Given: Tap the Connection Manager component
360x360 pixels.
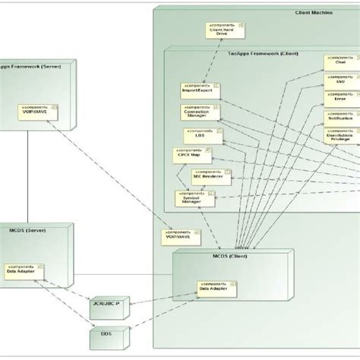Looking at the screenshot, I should click(x=198, y=112).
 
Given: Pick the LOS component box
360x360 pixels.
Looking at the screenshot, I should click(x=200, y=136).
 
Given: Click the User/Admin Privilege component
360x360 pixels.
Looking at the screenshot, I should click(x=341, y=137).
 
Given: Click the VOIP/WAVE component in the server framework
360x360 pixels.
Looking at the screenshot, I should click(x=36, y=111).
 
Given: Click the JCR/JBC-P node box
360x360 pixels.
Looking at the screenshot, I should click(x=106, y=304).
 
